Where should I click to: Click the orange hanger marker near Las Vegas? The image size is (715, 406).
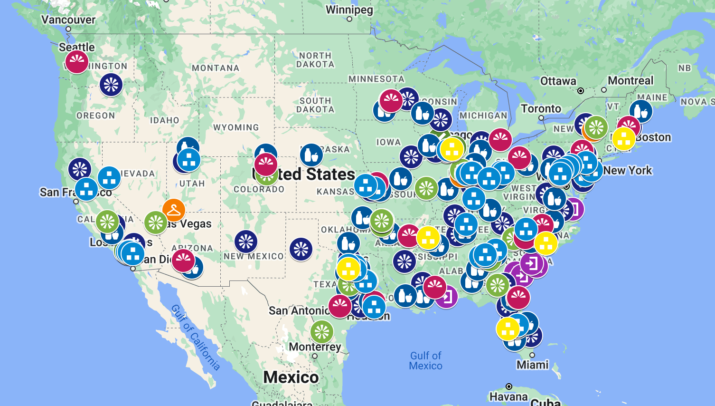point(174,210)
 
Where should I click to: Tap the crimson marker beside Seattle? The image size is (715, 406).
point(77,62)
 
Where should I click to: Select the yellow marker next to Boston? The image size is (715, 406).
point(624,139)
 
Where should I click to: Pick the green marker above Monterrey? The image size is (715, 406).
point(322,331)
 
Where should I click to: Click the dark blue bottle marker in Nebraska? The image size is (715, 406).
point(311,155)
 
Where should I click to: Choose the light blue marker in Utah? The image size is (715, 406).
point(189,160)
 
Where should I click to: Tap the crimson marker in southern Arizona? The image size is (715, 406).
point(183,261)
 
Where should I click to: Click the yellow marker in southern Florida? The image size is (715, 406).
point(508,329)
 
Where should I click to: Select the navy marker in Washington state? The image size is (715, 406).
point(111,85)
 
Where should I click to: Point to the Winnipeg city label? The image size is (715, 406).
point(349,10)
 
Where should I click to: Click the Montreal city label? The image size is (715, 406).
point(630,80)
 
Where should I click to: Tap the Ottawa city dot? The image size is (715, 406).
point(581,90)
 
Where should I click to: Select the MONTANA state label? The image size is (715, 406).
point(216,68)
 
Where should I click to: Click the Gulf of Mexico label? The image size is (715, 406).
point(426,361)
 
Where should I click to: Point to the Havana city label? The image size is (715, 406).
point(508,396)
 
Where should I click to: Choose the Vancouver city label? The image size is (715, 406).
point(68,19)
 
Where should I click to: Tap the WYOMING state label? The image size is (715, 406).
point(236,127)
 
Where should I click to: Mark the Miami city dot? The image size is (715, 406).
point(532,355)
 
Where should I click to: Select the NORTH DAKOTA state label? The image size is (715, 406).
point(315,60)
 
